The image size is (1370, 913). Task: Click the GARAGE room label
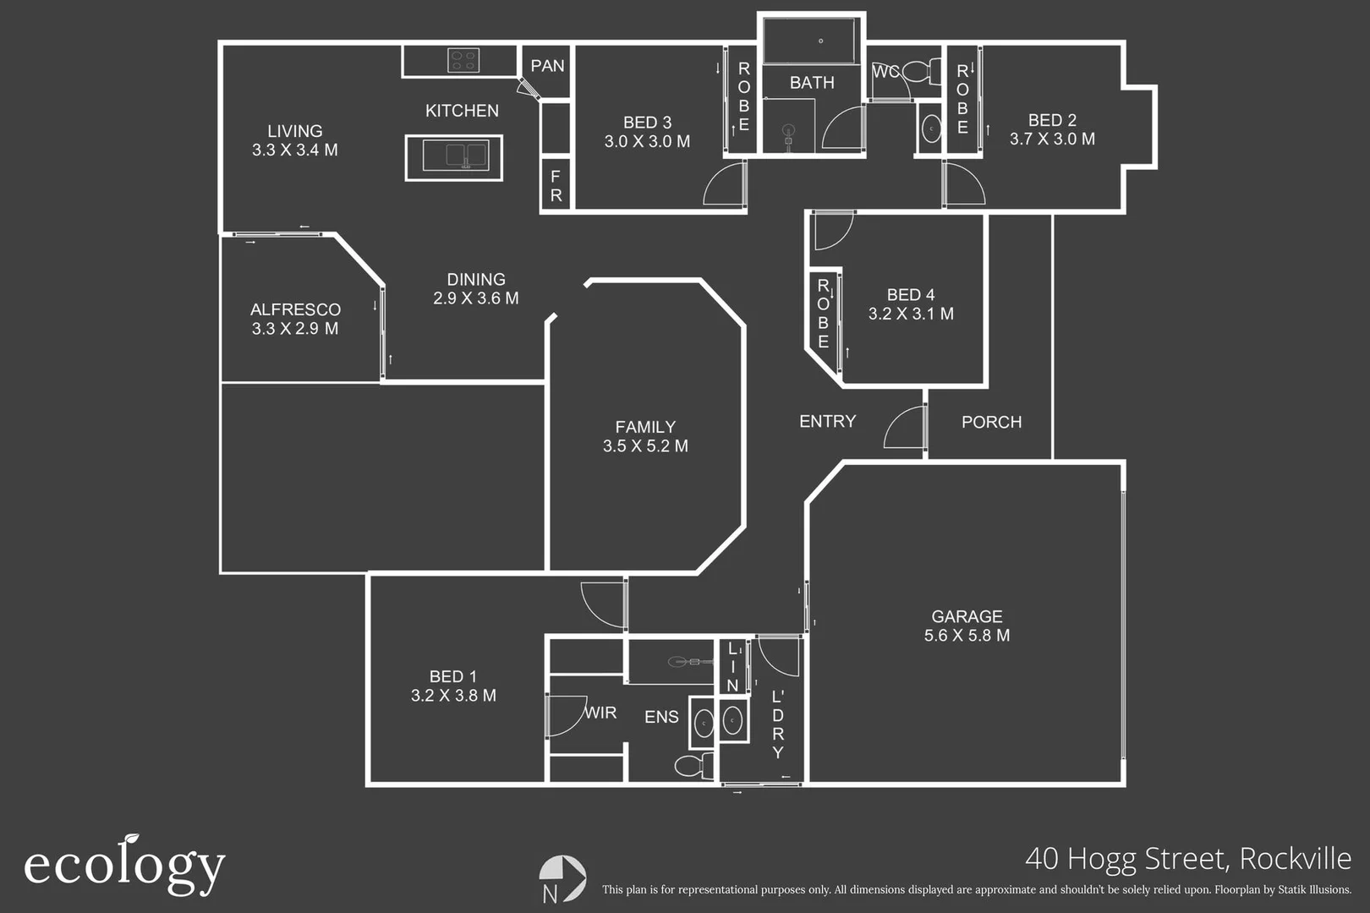tap(967, 616)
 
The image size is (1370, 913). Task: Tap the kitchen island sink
tap(454, 156)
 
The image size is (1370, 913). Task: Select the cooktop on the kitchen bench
tap(463, 60)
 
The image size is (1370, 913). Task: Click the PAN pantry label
tap(547, 66)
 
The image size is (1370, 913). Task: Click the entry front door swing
tap(905, 428)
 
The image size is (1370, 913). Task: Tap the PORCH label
tap(991, 422)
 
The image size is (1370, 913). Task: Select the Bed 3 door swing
tap(726, 184)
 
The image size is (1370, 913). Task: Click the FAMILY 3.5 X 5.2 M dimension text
tap(645, 446)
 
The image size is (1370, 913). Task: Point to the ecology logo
tap(124, 865)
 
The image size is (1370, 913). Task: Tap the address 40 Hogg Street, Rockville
tap(1187, 858)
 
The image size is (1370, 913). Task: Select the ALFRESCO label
tap(295, 309)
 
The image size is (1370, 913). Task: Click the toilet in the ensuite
tap(694, 766)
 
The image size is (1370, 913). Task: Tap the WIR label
tap(600, 713)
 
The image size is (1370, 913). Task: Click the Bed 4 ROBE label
tap(823, 314)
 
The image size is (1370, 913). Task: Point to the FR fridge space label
tap(556, 186)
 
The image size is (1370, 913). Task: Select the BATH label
tap(812, 83)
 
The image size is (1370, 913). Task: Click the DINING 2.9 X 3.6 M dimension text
tap(475, 298)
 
